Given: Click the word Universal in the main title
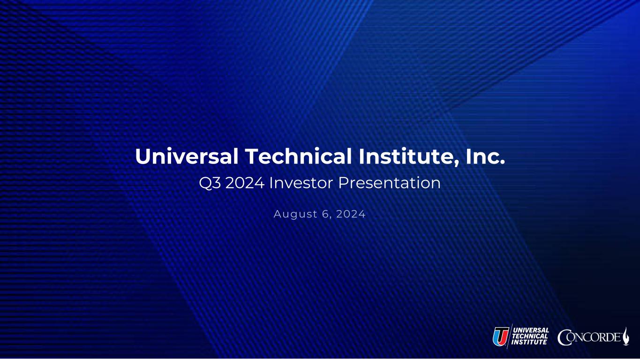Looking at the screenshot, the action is point(187,156).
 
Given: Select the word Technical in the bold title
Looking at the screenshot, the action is point(298,156).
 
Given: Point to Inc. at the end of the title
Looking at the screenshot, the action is point(485,156).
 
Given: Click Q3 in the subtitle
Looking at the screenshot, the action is point(210,183).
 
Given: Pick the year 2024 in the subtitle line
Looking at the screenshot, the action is point(245,183).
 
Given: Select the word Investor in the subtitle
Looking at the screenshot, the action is point(301,183).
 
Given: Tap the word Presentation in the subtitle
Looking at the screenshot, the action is point(389,183).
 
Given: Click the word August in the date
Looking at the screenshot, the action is point(295,214).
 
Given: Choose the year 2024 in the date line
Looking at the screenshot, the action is point(351,214).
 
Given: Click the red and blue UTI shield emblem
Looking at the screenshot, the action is point(501,336).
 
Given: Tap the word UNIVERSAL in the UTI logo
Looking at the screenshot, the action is point(531,330).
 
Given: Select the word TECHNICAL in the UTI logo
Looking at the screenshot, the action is point(530,336).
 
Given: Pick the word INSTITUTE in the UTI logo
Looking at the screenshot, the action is point(529,342).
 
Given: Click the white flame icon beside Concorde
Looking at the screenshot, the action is point(626,336).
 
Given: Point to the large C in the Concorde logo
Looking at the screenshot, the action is point(564,337).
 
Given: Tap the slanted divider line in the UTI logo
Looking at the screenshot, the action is point(510,336).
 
